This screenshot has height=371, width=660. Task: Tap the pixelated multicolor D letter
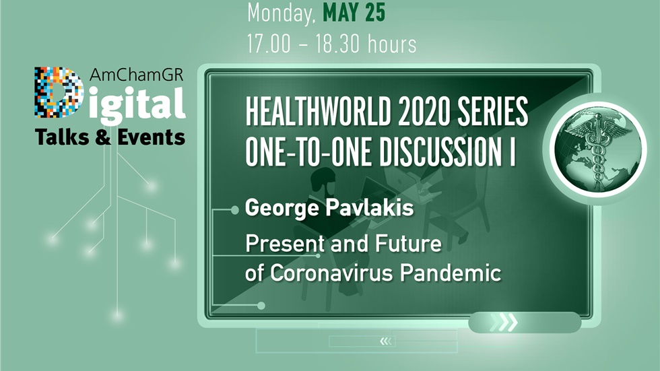[58, 92]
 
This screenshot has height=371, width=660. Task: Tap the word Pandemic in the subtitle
[463, 273]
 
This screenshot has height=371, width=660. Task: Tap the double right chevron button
[506, 323]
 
